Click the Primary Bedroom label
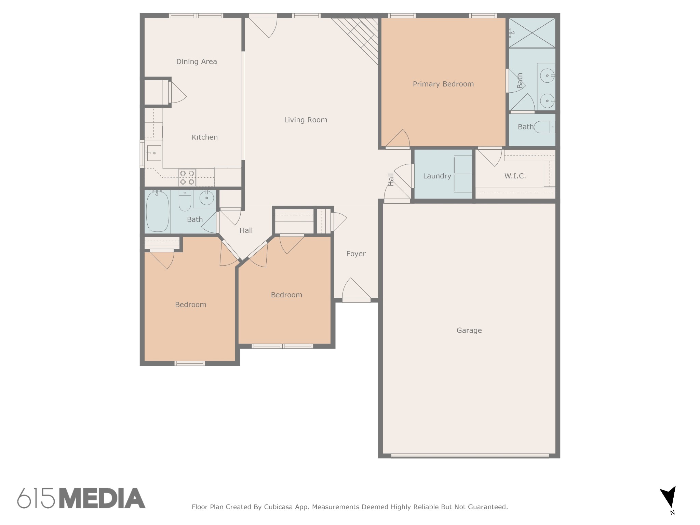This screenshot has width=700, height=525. pos(443,84)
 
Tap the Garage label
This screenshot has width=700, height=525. pos(469,331)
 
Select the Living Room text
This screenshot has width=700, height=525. pos(306,120)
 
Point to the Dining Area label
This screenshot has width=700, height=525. pos(197,62)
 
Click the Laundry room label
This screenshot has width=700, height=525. pos(437,176)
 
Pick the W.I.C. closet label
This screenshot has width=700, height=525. pos(515,176)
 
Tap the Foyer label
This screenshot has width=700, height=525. pos(356,254)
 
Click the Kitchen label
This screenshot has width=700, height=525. pos(204,137)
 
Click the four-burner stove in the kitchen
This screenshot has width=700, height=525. pos(187,178)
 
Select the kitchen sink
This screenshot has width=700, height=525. pos(154,153)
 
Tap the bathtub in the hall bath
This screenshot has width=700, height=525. pos(158,212)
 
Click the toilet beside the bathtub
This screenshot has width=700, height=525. pos(185,201)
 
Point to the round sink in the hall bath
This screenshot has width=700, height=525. pos(206,198)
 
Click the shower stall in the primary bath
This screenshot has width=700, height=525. pos(532,33)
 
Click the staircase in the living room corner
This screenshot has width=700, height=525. pos(358,38)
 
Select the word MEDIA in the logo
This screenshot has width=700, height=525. pos(102,498)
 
